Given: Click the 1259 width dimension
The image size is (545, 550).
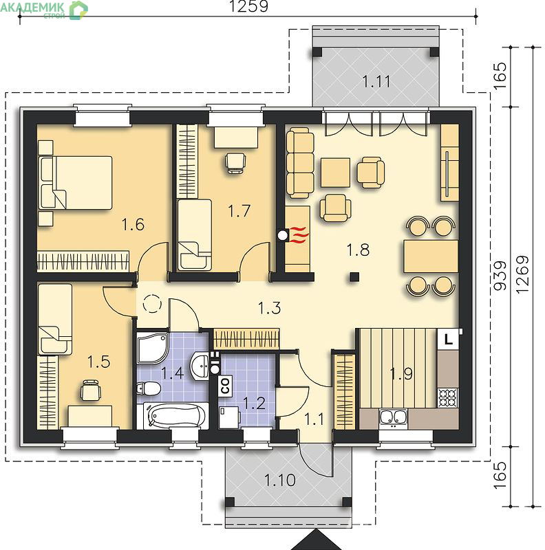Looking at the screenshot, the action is pyautogui.click(x=248, y=6).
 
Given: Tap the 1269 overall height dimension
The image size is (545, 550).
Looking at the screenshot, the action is pyautogui.click(x=522, y=274).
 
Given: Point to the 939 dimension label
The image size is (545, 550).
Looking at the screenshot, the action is pyautogui.click(x=500, y=276).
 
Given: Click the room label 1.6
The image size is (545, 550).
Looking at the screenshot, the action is pyautogui.click(x=133, y=225).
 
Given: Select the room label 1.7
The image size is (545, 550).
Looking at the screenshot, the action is pyautogui.click(x=239, y=211).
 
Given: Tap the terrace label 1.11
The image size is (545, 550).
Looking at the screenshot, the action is pyautogui.click(x=376, y=81).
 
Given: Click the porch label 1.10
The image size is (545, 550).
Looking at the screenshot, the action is pyautogui.click(x=280, y=480).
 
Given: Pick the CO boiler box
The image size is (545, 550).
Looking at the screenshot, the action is pyautogui.click(x=225, y=386).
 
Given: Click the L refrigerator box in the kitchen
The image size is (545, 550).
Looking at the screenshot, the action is pyautogui.click(x=448, y=339).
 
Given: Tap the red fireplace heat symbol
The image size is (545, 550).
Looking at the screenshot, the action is pyautogui.click(x=299, y=235).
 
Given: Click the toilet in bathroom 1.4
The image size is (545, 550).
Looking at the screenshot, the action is pyautogui.click(x=149, y=388).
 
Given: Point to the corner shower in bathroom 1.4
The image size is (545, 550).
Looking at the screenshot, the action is pyautogui.click(x=152, y=349).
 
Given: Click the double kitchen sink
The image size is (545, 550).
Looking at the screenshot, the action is pyautogui.click(x=394, y=417).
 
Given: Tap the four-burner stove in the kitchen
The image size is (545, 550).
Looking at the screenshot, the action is pyautogui.click(x=448, y=397).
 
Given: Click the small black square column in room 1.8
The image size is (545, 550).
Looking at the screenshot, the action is pyautogui.click(x=354, y=277).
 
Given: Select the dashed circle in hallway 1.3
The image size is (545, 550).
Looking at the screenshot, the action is pyautogui.click(x=152, y=303).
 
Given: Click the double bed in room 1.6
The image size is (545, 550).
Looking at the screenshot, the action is pyautogui.click(x=75, y=183).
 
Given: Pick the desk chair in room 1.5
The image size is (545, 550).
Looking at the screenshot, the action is pyautogui.click(x=91, y=390).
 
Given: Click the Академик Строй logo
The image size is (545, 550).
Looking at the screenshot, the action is pyautogui.click(x=43, y=10).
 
